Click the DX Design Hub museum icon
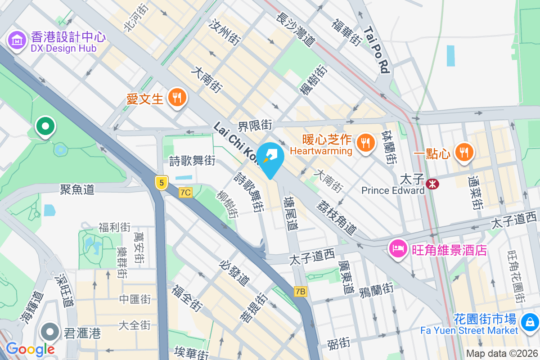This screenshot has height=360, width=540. [x=17, y=41]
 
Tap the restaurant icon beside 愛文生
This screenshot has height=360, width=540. [x=177, y=98]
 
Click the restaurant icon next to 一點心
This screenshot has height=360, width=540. [x=464, y=152]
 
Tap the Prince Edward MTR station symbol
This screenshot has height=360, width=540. [x=432, y=183]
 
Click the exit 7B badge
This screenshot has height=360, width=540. [x=301, y=292]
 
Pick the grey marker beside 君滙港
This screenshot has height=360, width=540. [x=50, y=333]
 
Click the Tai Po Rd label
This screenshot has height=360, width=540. [x=377, y=50]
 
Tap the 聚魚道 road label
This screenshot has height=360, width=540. [x=77, y=189]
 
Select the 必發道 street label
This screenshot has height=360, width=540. [x=235, y=273]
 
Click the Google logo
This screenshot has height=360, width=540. [x=30, y=349]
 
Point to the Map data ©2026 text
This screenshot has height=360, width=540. [x=502, y=354]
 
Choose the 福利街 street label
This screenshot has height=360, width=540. [x=114, y=227]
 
